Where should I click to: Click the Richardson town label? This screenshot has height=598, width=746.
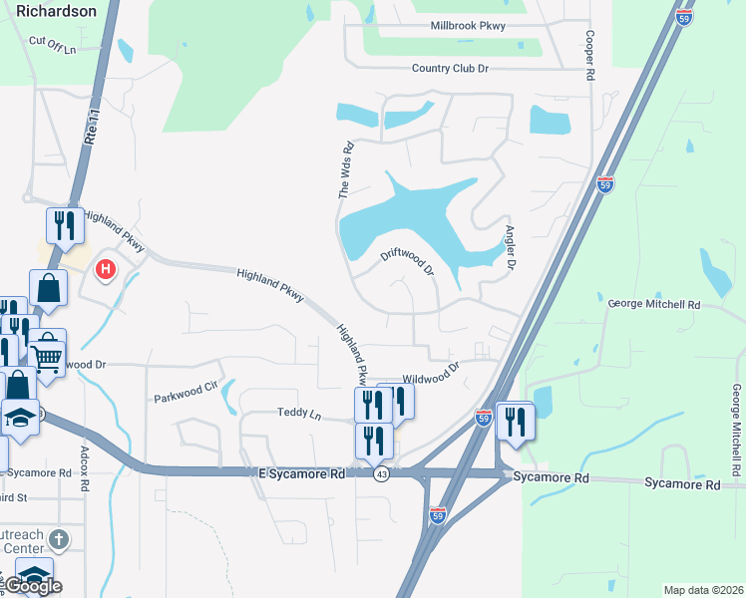pyautogui.click(x=57, y=11)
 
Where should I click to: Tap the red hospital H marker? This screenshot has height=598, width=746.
pyautogui.click(x=105, y=268)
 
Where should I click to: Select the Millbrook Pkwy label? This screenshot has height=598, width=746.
pyautogui.click(x=468, y=26)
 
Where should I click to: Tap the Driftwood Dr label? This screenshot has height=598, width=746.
pyautogui.click(x=408, y=262)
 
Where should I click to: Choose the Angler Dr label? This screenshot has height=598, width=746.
pyautogui.click(x=509, y=249)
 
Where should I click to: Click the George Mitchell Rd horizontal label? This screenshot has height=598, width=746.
pyautogui.click(x=653, y=303)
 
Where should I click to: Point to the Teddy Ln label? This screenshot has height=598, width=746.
pyautogui.click(x=299, y=413)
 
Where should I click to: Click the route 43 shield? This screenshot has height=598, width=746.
pyautogui.click(x=381, y=474)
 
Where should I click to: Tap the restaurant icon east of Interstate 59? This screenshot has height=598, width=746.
pyautogui.click(x=516, y=420)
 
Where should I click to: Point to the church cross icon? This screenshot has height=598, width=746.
pyautogui.click(x=59, y=541)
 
